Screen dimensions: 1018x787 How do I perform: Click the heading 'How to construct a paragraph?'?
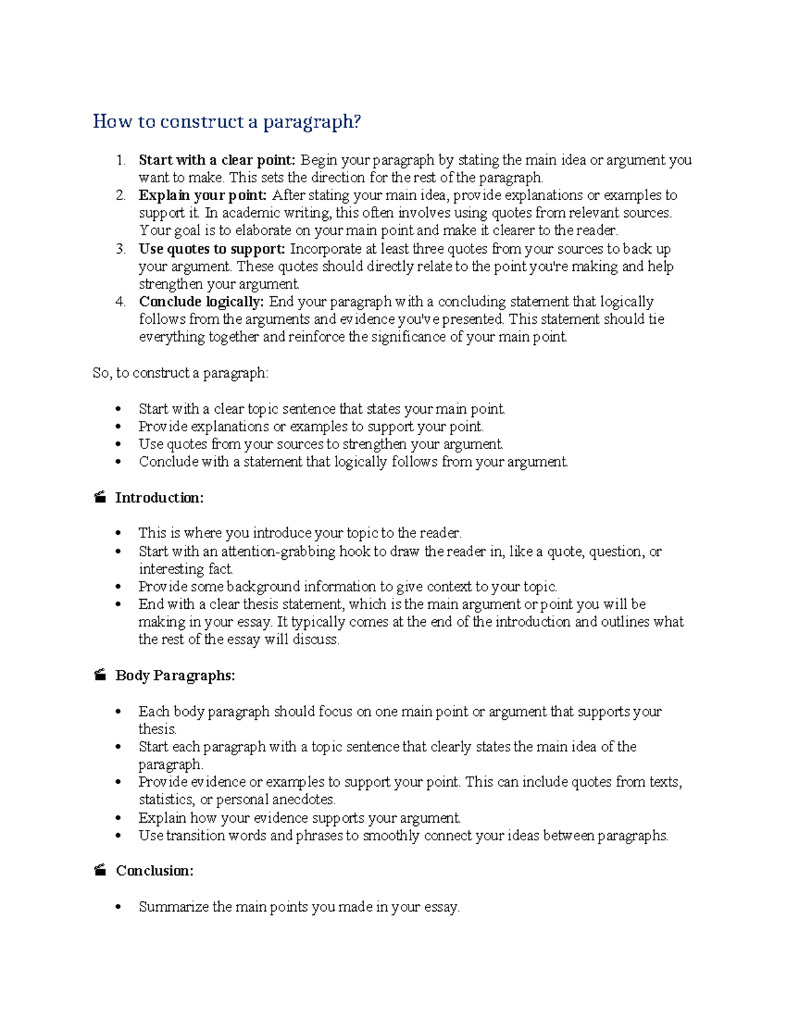[227, 122]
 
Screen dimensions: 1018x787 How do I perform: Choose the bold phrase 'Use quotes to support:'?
[212, 249]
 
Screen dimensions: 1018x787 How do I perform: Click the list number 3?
[120, 249]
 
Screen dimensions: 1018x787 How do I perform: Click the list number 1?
[120, 160]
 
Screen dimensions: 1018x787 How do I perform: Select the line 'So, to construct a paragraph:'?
[180, 373]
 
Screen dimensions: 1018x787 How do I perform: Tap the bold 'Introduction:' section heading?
[159, 498]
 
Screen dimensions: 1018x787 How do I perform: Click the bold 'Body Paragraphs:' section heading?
[175, 676]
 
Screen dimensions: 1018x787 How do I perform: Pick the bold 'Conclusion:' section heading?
[155, 871]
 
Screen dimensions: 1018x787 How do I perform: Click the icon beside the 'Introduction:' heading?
[100, 498]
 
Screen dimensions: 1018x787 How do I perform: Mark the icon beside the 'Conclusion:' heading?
[100, 871]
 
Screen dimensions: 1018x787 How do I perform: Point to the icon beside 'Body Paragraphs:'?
[100, 676]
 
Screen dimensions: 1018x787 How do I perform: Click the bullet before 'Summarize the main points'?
[118, 908]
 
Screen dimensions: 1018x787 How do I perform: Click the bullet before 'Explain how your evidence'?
[118, 819]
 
